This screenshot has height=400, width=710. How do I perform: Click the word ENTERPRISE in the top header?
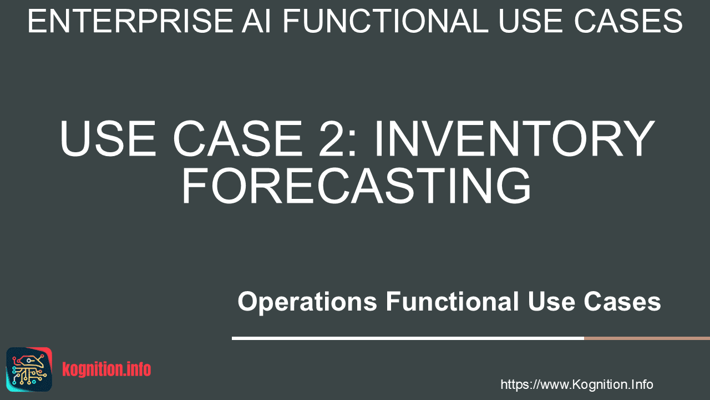[130, 21]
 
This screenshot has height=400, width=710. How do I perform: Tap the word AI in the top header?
[256, 21]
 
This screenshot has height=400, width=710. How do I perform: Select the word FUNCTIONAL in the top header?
[385, 21]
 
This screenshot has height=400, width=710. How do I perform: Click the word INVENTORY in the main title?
[515, 138]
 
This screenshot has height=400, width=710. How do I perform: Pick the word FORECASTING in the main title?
[356, 186]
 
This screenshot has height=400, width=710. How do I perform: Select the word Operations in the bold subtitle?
[307, 302]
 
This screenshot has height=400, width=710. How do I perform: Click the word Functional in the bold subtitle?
[452, 301]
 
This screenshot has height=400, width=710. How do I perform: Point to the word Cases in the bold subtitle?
[622, 301]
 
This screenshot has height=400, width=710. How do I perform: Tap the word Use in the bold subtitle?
[551, 301]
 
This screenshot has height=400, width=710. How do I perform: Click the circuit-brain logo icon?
[29, 369]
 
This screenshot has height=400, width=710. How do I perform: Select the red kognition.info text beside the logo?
[106, 369]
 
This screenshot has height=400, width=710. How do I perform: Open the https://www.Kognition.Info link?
[576, 384]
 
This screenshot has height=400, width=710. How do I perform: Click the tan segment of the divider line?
[647, 338]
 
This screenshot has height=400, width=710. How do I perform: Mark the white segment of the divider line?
[408, 338]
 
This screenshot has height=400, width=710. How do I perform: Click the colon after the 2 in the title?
[353, 144]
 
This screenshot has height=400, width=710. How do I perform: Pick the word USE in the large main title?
[108, 138]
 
